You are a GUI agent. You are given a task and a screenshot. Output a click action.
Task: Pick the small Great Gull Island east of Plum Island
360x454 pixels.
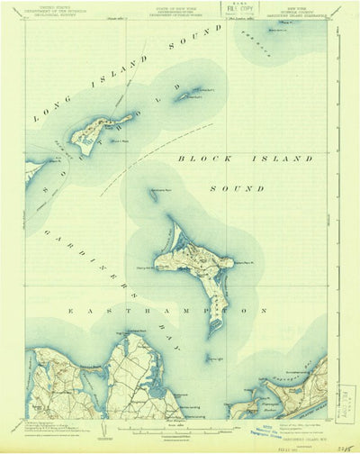188,94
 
